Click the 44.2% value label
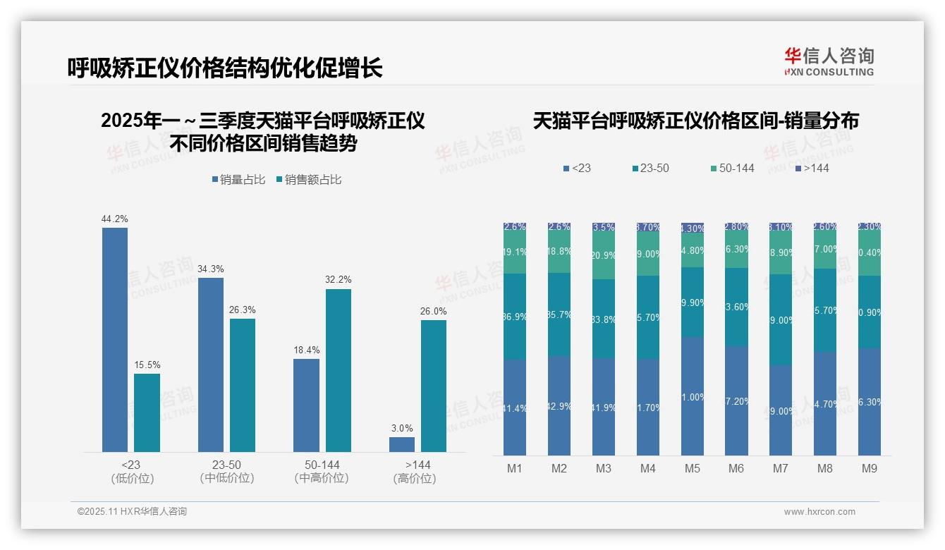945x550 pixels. click(x=115, y=219)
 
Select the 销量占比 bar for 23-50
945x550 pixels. click(x=211, y=365)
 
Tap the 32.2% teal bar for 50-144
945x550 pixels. click(x=339, y=370)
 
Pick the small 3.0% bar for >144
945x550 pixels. click(x=402, y=444)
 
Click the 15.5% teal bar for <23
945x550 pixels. click(x=147, y=412)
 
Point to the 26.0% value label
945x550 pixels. click(x=434, y=312)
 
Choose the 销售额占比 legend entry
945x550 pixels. click(x=309, y=180)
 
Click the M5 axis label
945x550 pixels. click(x=692, y=469)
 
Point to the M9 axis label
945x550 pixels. click(x=869, y=469)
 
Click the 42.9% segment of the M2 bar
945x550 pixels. click(x=559, y=405)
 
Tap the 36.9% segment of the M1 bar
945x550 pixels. click(x=515, y=317)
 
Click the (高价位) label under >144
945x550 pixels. click(x=414, y=479)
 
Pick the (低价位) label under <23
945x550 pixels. click(x=132, y=479)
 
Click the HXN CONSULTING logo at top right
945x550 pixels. click(x=829, y=62)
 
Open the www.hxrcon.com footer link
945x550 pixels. click(x=819, y=512)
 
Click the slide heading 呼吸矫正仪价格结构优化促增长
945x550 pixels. click(x=225, y=68)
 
